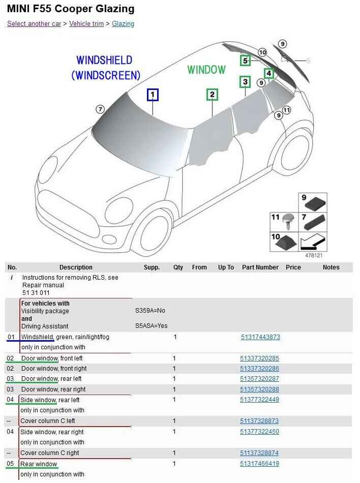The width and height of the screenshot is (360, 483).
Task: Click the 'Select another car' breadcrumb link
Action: (34, 24)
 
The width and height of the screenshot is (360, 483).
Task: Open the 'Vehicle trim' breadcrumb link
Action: (86, 24)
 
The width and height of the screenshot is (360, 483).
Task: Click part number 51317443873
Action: (260, 337)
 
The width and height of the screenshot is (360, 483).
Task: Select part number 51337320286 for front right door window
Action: (259, 369)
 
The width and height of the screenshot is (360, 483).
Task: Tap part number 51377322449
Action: (259, 400)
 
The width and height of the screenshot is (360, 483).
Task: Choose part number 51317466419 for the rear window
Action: (259, 464)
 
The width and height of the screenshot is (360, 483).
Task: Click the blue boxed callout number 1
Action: (152, 95)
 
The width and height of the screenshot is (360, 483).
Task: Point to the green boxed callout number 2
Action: (212, 95)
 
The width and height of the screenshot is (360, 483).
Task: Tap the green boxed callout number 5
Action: (245, 61)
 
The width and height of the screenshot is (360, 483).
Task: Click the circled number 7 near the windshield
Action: (100, 109)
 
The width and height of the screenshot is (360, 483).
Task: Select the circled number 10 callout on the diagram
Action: (262, 52)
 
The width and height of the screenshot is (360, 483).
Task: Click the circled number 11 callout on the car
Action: (286, 110)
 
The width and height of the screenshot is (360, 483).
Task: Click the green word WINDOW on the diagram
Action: (206, 70)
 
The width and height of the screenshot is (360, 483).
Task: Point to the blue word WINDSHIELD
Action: (104, 61)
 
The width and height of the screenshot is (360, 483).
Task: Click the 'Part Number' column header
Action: (260, 267)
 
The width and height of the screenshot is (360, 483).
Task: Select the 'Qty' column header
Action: (178, 267)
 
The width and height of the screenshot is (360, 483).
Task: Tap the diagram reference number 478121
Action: (313, 255)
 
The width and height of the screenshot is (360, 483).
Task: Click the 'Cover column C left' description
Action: (48, 421)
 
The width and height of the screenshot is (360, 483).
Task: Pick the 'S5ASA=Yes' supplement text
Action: (151, 326)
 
